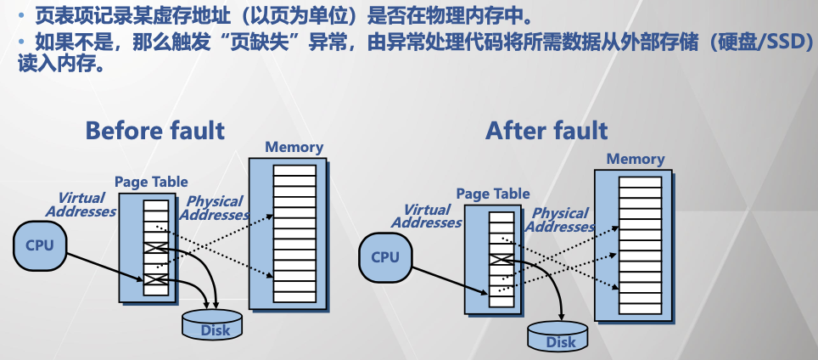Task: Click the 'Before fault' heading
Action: click(154, 130)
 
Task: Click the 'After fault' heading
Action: click(546, 130)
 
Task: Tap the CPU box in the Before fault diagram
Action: click(40, 245)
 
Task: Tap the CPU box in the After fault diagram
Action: click(385, 257)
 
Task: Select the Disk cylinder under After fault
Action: click(559, 338)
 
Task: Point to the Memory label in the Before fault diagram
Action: click(294, 147)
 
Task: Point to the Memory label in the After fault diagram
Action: click(636, 159)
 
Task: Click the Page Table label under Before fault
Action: click(151, 182)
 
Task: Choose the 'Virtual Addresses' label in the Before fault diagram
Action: click(81, 205)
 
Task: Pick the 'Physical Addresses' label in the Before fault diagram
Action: click(215, 208)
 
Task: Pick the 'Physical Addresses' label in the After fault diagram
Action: click(559, 220)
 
